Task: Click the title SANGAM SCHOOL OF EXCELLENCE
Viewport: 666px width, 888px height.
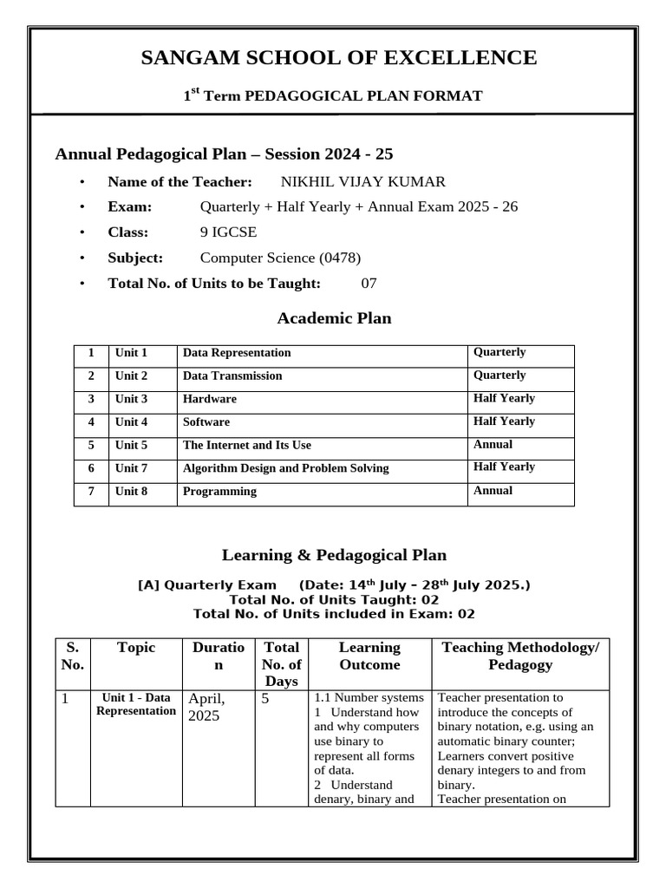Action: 338,58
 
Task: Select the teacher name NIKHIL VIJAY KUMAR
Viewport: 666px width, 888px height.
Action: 362,182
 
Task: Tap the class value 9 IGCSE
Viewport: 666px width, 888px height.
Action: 228,232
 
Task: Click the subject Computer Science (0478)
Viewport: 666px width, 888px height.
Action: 280,258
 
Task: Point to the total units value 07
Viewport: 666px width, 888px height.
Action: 369,283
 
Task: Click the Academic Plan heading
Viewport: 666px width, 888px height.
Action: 334,318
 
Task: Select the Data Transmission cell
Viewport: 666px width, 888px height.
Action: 232,376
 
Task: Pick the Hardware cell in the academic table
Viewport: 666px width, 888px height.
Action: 209,399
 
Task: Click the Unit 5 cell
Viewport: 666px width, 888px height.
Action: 132,445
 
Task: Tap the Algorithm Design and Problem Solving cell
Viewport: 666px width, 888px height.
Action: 285,468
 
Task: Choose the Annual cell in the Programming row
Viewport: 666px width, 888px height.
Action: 493,491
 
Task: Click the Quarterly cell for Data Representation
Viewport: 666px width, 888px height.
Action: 499,353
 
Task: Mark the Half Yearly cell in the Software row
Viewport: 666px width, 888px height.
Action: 504,421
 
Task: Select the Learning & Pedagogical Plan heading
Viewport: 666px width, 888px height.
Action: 334,555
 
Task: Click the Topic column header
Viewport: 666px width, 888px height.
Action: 135,648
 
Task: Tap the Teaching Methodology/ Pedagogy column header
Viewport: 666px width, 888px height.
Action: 519,656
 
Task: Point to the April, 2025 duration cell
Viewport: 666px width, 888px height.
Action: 206,707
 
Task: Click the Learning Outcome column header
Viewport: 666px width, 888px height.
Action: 369,656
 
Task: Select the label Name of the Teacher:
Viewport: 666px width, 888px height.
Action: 180,182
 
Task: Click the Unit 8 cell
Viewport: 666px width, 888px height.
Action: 132,492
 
